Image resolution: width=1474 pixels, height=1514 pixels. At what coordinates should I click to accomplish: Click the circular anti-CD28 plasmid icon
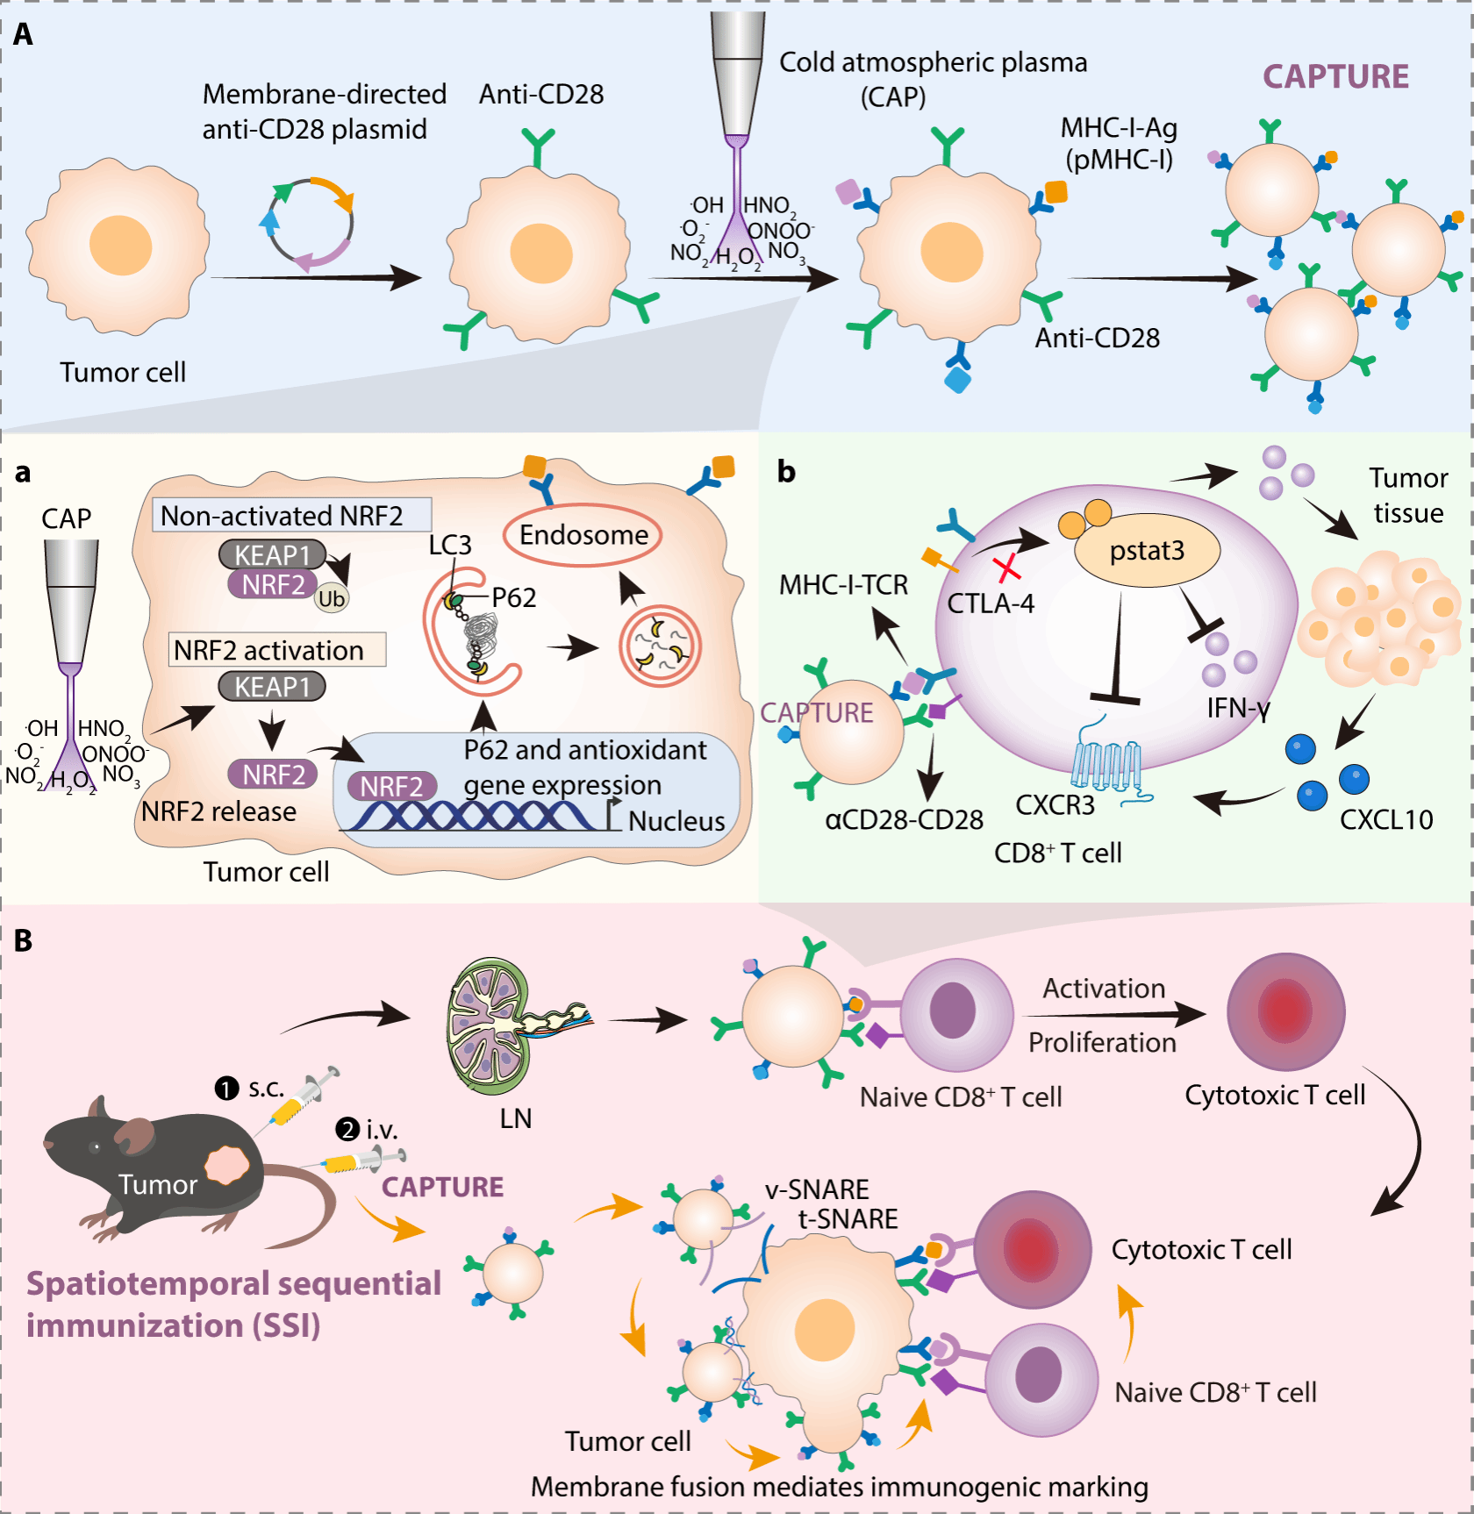click(309, 223)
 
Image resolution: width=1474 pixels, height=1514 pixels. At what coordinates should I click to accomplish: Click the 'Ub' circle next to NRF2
click(331, 598)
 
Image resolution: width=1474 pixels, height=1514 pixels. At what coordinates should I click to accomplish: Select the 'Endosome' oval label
click(583, 534)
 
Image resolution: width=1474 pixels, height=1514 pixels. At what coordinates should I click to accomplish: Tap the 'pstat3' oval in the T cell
click(1147, 550)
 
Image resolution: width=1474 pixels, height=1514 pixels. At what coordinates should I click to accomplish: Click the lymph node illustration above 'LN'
click(491, 1024)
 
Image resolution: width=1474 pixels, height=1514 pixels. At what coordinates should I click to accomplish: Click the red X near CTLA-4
click(1008, 568)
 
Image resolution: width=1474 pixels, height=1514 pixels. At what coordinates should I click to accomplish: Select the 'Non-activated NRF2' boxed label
click(291, 516)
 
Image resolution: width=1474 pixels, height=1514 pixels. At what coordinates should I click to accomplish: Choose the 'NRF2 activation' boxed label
click(276, 650)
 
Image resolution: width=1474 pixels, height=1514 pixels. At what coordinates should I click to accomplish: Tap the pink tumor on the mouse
click(227, 1166)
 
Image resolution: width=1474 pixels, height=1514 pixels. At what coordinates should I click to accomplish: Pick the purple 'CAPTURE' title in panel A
click(1334, 76)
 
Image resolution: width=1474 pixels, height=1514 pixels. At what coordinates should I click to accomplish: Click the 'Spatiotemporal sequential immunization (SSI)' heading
click(233, 1304)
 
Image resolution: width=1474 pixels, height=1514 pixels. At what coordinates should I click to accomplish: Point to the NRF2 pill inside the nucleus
click(391, 786)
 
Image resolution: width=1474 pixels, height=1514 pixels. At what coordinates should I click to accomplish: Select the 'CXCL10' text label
click(1385, 819)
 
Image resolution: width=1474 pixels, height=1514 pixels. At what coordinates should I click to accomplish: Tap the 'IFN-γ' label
click(1237, 707)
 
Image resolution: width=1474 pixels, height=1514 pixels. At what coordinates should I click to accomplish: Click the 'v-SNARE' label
click(816, 1189)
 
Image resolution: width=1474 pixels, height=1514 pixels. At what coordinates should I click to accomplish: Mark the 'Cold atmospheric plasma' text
click(932, 63)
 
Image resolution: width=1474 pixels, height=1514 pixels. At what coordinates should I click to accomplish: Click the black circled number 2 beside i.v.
click(348, 1129)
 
